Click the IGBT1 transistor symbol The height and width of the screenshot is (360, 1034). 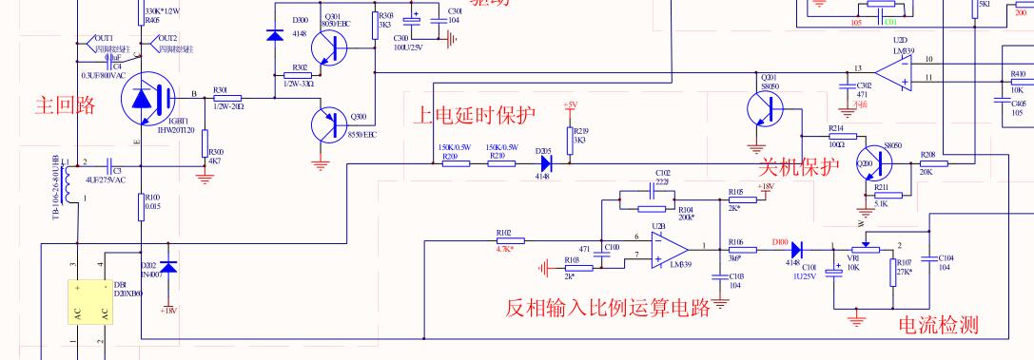tap(146, 98)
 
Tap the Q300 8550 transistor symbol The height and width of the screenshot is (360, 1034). tap(330, 125)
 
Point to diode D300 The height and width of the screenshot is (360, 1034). tap(275, 36)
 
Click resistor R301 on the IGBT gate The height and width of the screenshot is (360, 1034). tap(227, 98)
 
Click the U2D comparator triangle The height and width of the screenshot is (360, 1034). tap(895, 71)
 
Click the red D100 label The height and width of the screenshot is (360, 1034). tap(780, 241)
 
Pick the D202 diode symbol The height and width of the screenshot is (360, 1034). tap(168, 268)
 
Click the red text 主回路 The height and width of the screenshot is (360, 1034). tap(65, 104)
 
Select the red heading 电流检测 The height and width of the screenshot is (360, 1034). tap(938, 326)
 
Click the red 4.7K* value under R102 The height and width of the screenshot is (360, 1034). tap(504, 248)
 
